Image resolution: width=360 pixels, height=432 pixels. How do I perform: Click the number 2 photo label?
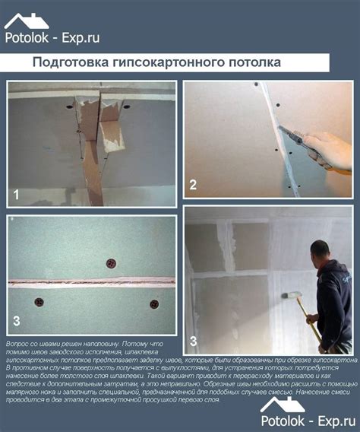point(193,184)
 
